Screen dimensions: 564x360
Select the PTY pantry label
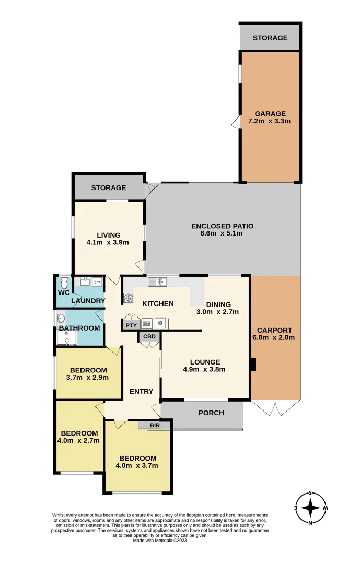(x=130, y=325)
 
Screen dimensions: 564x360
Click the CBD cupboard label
(x=149, y=337)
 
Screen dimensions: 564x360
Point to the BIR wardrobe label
(x=155, y=426)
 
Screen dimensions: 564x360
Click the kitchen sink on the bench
(x=156, y=283)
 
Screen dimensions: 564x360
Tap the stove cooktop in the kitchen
(x=128, y=299)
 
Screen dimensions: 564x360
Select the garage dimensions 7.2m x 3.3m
(x=270, y=121)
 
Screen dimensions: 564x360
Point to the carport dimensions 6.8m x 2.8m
(x=274, y=337)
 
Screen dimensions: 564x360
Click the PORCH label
(x=211, y=413)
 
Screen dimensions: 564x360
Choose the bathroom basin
(x=61, y=318)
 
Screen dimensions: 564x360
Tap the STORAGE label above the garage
(x=270, y=38)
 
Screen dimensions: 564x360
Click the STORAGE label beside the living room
(x=108, y=187)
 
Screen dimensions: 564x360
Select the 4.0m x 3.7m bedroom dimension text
(x=137, y=466)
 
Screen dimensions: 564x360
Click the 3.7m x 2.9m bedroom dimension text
(x=88, y=378)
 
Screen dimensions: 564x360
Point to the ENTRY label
(x=141, y=391)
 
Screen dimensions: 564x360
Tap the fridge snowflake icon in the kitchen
(x=160, y=323)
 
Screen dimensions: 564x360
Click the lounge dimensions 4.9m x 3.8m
(x=204, y=369)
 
